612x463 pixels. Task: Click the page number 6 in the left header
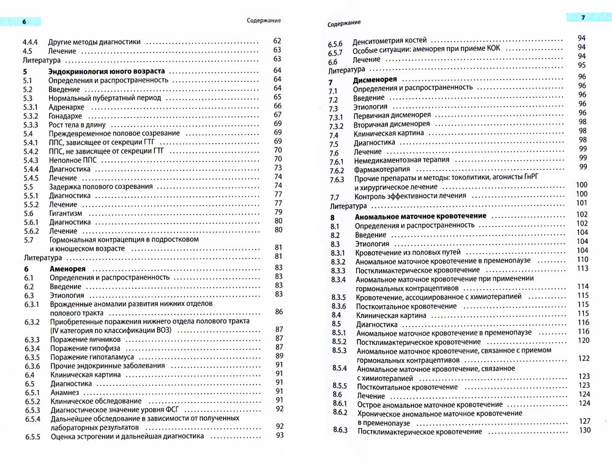[23, 23]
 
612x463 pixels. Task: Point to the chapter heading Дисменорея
[376, 80]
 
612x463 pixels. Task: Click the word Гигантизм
[65, 213]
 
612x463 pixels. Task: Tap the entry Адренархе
[67, 106]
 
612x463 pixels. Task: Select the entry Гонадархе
[67, 115]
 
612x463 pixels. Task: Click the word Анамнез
[64, 391]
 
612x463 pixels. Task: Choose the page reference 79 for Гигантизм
[277, 212]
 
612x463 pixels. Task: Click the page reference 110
[582, 259]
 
